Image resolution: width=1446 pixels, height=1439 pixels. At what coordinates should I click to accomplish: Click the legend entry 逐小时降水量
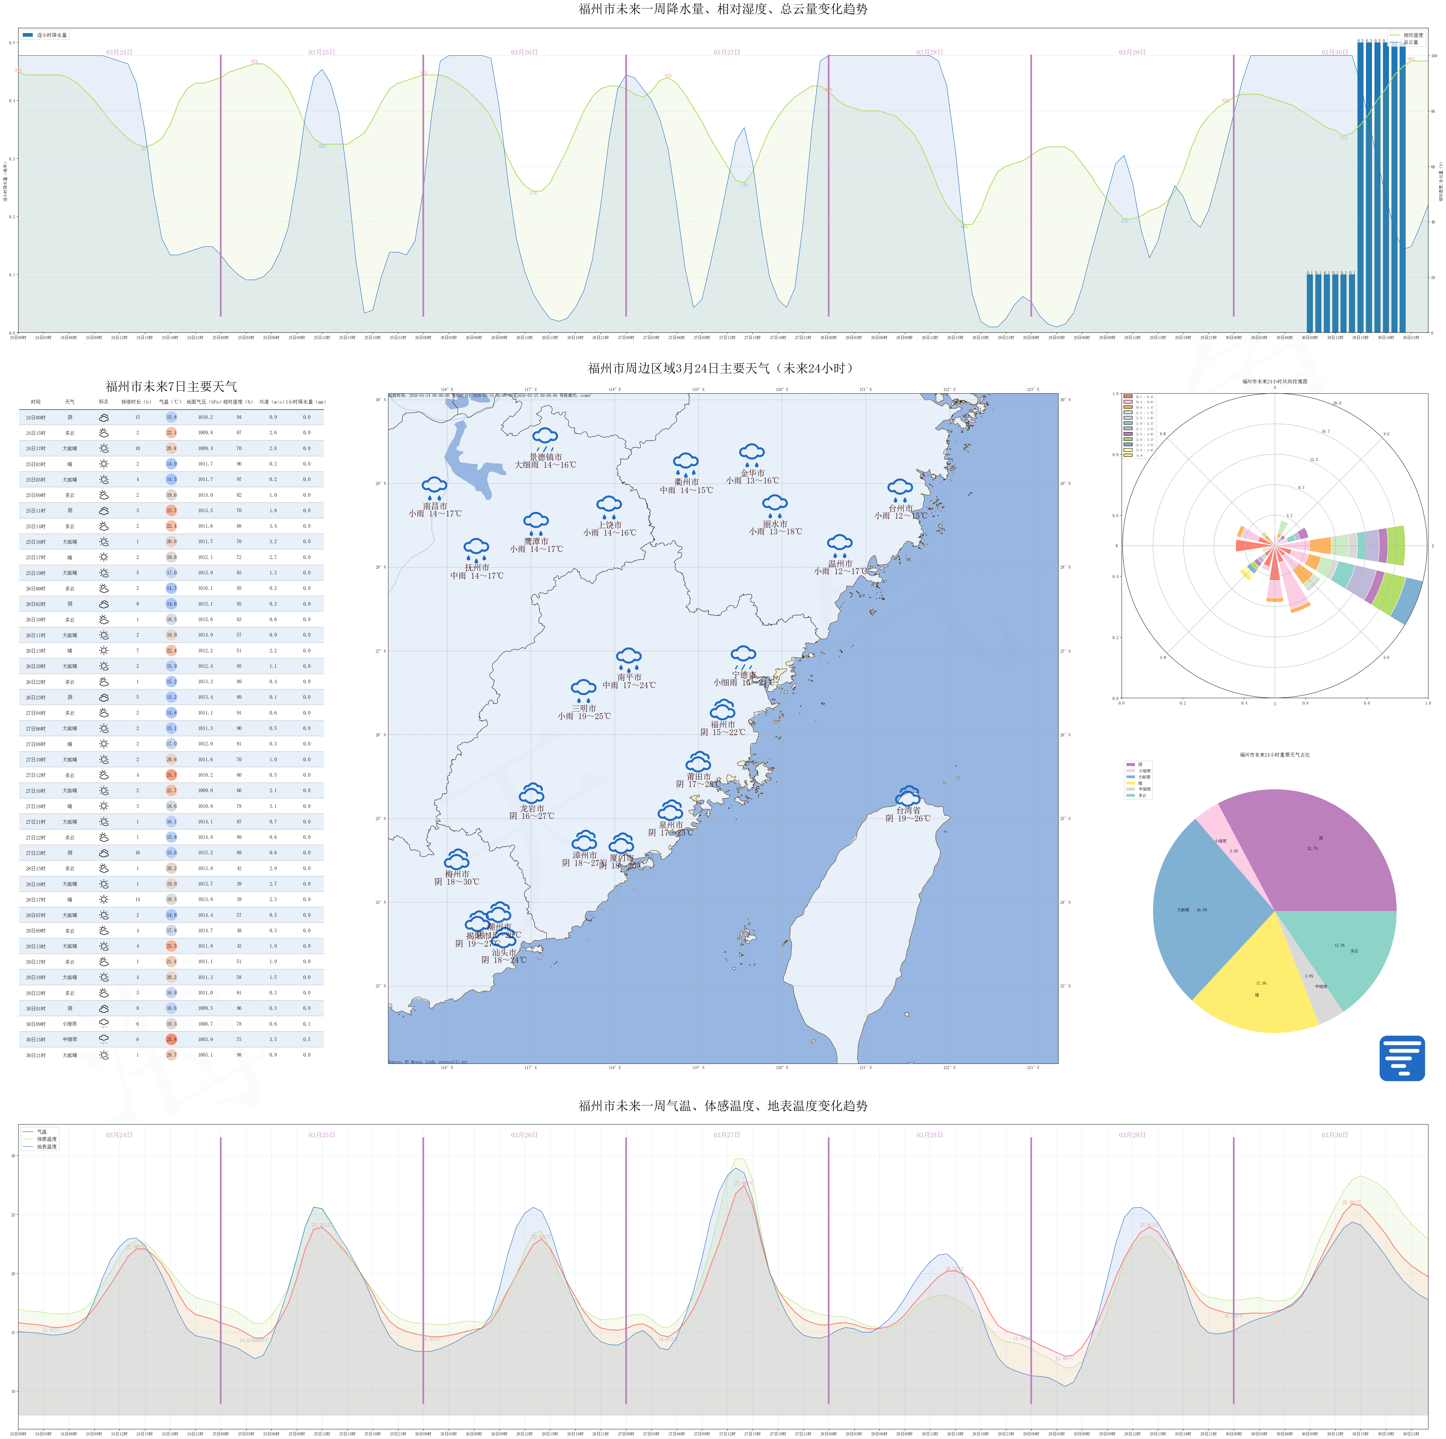click(x=51, y=35)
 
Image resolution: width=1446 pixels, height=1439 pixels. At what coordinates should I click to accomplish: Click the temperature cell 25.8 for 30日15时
click(x=171, y=1039)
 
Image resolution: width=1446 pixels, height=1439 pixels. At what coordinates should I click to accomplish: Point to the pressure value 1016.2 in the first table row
click(x=205, y=418)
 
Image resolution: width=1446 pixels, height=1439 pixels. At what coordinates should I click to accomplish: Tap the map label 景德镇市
click(x=545, y=457)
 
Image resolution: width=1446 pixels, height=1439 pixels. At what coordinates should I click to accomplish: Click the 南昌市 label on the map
click(x=435, y=506)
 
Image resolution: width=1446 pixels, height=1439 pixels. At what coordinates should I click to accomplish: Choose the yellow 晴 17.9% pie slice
click(x=1257, y=988)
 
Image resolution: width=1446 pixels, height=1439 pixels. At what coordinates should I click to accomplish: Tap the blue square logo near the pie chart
click(x=1402, y=1058)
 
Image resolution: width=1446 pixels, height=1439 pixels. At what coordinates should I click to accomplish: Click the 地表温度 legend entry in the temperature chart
click(x=46, y=1147)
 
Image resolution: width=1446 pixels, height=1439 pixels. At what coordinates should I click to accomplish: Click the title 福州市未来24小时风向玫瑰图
click(x=1275, y=381)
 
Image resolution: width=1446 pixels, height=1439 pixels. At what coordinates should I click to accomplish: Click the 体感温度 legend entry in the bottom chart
click(x=46, y=1139)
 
